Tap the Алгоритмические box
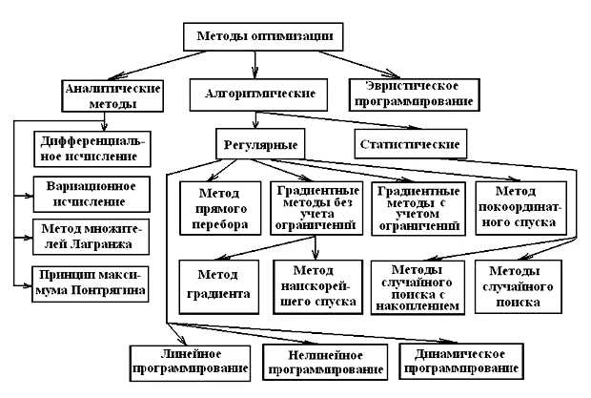point(253,94)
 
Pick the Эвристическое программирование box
point(413,93)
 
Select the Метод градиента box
point(218,284)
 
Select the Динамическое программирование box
point(461,360)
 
